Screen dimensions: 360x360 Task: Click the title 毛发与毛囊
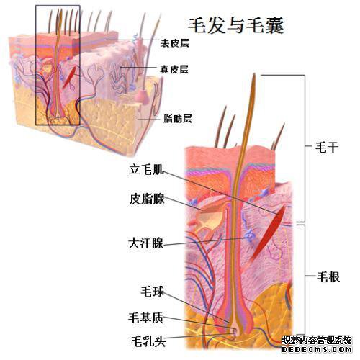235,25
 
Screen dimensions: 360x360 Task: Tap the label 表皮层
174,43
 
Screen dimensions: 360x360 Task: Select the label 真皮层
174,69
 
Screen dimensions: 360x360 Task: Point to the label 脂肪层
178,119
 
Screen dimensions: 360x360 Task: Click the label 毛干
327,147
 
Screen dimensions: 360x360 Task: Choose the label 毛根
328,277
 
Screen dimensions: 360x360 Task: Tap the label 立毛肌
146,169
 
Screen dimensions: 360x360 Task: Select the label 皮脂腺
147,199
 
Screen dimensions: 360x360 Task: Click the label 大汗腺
145,243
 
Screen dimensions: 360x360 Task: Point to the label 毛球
152,292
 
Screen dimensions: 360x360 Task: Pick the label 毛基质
145,318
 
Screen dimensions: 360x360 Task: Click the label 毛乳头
148,341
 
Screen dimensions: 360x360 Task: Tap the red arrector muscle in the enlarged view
268,233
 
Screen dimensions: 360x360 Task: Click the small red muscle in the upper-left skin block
70,77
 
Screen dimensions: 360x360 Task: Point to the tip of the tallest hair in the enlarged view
254,74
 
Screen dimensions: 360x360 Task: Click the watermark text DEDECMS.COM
317,349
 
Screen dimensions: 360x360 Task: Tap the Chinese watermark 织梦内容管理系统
317,341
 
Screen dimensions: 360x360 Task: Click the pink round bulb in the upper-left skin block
141,96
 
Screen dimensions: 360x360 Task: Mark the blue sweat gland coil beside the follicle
248,235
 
